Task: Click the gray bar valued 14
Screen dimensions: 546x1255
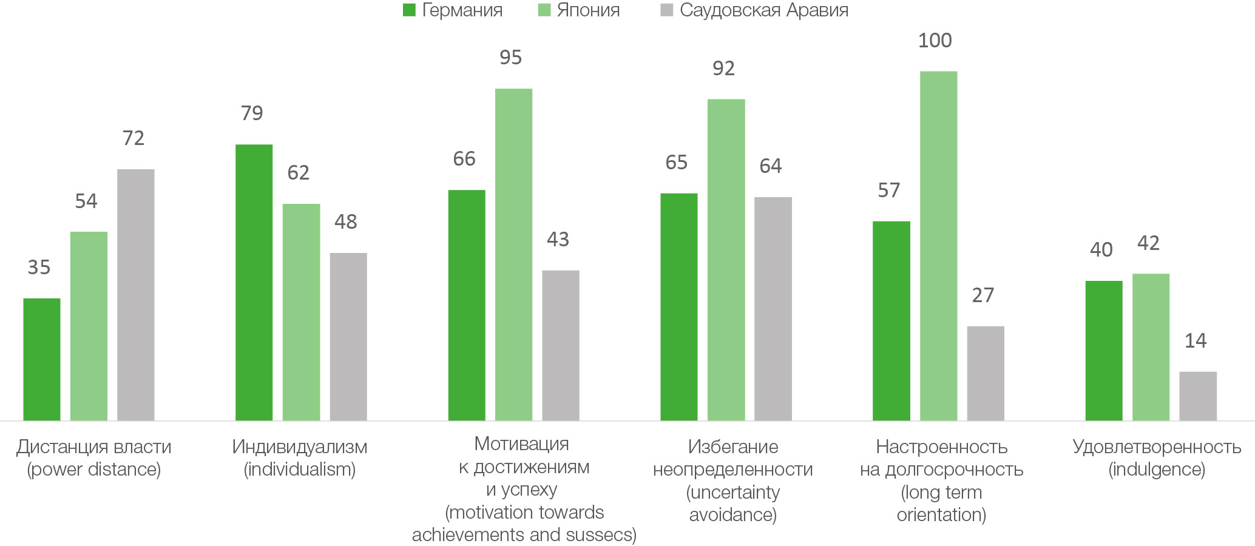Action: click(x=1198, y=396)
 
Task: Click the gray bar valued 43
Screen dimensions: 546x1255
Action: click(x=561, y=345)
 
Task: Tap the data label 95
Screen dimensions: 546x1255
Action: click(x=510, y=58)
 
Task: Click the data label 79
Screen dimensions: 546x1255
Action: click(x=252, y=113)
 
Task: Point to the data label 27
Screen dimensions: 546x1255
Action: click(x=983, y=295)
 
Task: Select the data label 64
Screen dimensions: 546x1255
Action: click(x=771, y=166)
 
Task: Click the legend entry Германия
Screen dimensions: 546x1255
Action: click(x=462, y=10)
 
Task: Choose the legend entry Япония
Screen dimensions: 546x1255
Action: click(x=588, y=10)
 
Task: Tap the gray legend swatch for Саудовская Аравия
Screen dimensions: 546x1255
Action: click(x=667, y=10)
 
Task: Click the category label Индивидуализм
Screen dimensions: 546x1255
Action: click(x=300, y=447)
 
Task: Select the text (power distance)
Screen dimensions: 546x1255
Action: click(x=94, y=470)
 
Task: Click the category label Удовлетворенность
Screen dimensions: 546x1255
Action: click(x=1157, y=447)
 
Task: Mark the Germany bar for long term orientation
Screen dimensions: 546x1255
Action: click(x=891, y=321)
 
